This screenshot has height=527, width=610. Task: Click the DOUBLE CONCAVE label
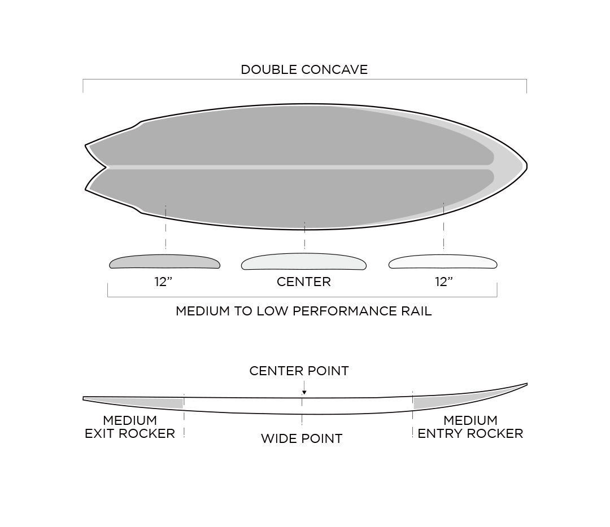click(x=304, y=69)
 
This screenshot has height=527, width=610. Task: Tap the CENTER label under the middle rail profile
click(x=304, y=282)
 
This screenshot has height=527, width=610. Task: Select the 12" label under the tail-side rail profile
click(x=163, y=282)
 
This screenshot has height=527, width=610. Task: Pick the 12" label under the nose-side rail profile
click(x=444, y=282)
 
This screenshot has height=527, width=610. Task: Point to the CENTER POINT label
click(x=299, y=371)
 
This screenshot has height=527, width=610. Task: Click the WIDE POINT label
click(x=302, y=439)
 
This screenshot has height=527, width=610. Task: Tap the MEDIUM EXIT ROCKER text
click(x=130, y=427)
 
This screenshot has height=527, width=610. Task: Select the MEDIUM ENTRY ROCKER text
click(x=470, y=427)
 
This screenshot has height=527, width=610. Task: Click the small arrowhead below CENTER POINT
click(x=304, y=393)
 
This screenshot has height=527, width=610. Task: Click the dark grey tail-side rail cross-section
click(x=164, y=262)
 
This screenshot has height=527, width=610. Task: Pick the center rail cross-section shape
click(x=304, y=262)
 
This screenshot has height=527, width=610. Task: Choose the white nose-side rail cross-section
click(x=443, y=262)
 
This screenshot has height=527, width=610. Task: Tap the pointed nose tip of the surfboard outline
click(x=527, y=166)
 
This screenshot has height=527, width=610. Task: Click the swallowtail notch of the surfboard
click(x=107, y=168)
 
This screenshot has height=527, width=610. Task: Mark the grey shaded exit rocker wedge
click(x=148, y=403)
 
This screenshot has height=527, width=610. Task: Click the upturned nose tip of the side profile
click(x=527, y=384)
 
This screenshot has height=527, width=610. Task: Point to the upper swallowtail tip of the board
click(x=86, y=146)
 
